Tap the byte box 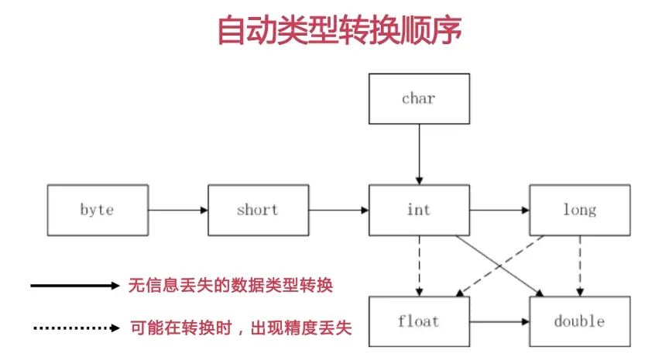pos(97,210)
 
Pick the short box pos(258,210)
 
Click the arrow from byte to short pos(177,210)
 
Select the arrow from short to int pos(338,210)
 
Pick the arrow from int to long pos(499,210)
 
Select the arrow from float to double pos(499,321)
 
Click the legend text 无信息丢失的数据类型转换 pos(230,286)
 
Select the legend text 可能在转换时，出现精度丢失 pos(240,328)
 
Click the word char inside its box pos(419,98)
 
